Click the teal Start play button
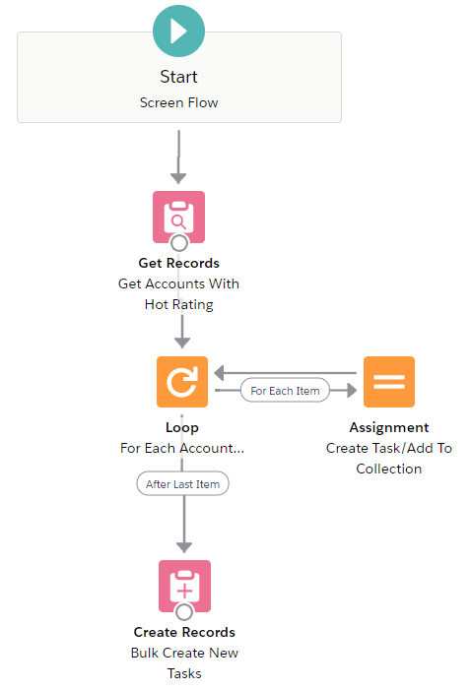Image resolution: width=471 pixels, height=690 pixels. click(178, 31)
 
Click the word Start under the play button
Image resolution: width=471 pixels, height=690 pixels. click(178, 77)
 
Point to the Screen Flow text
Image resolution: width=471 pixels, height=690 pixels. click(178, 102)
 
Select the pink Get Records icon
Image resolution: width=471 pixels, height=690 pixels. click(178, 217)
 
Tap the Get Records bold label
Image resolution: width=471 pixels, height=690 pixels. click(178, 263)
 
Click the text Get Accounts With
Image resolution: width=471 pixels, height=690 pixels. click(178, 283)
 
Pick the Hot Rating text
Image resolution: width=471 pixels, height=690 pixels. click(179, 304)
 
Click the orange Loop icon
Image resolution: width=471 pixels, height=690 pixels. click(182, 382)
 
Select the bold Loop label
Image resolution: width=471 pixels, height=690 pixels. click(182, 428)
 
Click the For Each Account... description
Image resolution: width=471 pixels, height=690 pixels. click(182, 448)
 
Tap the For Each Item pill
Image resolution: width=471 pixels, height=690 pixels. click(285, 391)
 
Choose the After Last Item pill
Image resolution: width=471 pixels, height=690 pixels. click(183, 484)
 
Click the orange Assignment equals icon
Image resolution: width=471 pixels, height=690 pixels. click(389, 382)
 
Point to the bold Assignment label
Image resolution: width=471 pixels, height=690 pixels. click(389, 427)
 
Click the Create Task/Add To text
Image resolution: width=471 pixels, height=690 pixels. click(389, 448)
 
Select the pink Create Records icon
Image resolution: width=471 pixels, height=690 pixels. click(184, 586)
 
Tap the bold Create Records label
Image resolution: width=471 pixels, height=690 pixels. click(184, 632)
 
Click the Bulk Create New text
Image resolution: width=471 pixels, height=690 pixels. click(184, 653)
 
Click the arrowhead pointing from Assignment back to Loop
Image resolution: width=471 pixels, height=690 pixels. click(219, 373)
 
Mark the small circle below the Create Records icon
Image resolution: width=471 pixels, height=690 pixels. click(184, 611)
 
